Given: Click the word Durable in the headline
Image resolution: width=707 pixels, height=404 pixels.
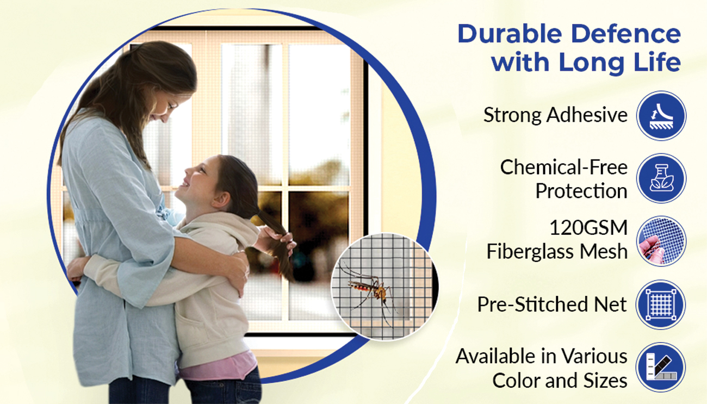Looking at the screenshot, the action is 510,34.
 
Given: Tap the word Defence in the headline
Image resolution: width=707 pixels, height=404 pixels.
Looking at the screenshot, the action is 626,34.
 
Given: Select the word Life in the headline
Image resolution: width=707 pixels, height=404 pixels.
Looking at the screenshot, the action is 657,61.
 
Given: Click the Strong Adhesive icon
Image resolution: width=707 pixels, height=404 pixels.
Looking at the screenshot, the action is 661,115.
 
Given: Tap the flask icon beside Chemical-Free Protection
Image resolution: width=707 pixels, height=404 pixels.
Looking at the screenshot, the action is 661,178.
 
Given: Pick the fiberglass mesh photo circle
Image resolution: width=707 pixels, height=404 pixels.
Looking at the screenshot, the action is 661,241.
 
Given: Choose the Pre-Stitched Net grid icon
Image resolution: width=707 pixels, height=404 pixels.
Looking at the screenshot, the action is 661,304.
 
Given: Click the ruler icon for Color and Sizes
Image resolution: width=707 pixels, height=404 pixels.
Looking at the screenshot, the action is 661,368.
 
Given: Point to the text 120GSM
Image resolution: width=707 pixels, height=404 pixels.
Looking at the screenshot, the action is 588,228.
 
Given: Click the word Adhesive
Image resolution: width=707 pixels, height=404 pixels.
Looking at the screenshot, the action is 587,115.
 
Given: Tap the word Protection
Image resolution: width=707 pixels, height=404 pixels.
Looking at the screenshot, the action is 581,191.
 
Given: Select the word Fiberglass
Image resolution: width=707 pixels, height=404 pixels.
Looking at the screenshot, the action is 530,252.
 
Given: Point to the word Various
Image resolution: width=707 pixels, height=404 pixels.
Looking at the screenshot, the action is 594,356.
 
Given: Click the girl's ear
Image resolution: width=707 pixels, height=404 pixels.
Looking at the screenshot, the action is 221,199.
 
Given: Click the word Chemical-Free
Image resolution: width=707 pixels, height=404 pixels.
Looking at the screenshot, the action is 564,167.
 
